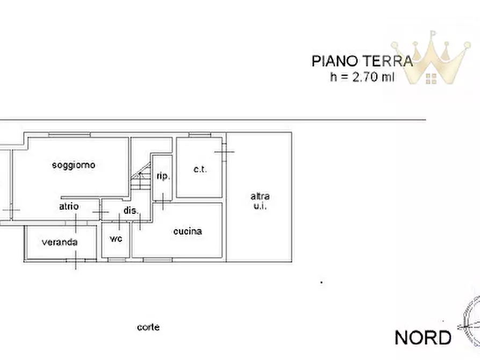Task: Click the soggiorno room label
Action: [74, 165]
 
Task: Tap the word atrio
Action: [69, 206]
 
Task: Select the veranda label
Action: [60, 242]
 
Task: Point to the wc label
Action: [116, 238]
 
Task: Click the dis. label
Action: [131, 211]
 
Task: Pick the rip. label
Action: [163, 176]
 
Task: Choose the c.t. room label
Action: [200, 170]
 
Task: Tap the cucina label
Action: [188, 231]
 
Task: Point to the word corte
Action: [148, 327]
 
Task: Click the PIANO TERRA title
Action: [362, 61]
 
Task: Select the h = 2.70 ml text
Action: [362, 77]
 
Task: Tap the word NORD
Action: [423, 338]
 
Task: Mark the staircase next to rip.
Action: [140, 178]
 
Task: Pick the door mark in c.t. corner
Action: [224, 152]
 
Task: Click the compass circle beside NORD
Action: [473, 322]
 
